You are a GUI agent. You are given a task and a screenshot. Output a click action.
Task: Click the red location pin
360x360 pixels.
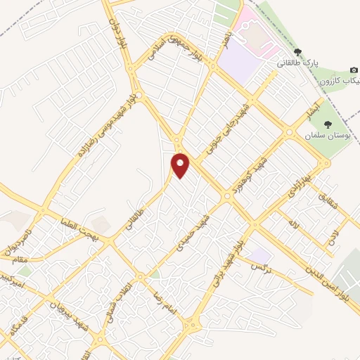pyautogui.click(x=181, y=165)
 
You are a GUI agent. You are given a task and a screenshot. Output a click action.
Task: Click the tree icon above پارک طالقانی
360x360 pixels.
pyautogui.click(x=298, y=52)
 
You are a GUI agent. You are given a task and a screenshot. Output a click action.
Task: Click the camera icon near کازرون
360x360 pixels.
pyautogui.click(x=354, y=70)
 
